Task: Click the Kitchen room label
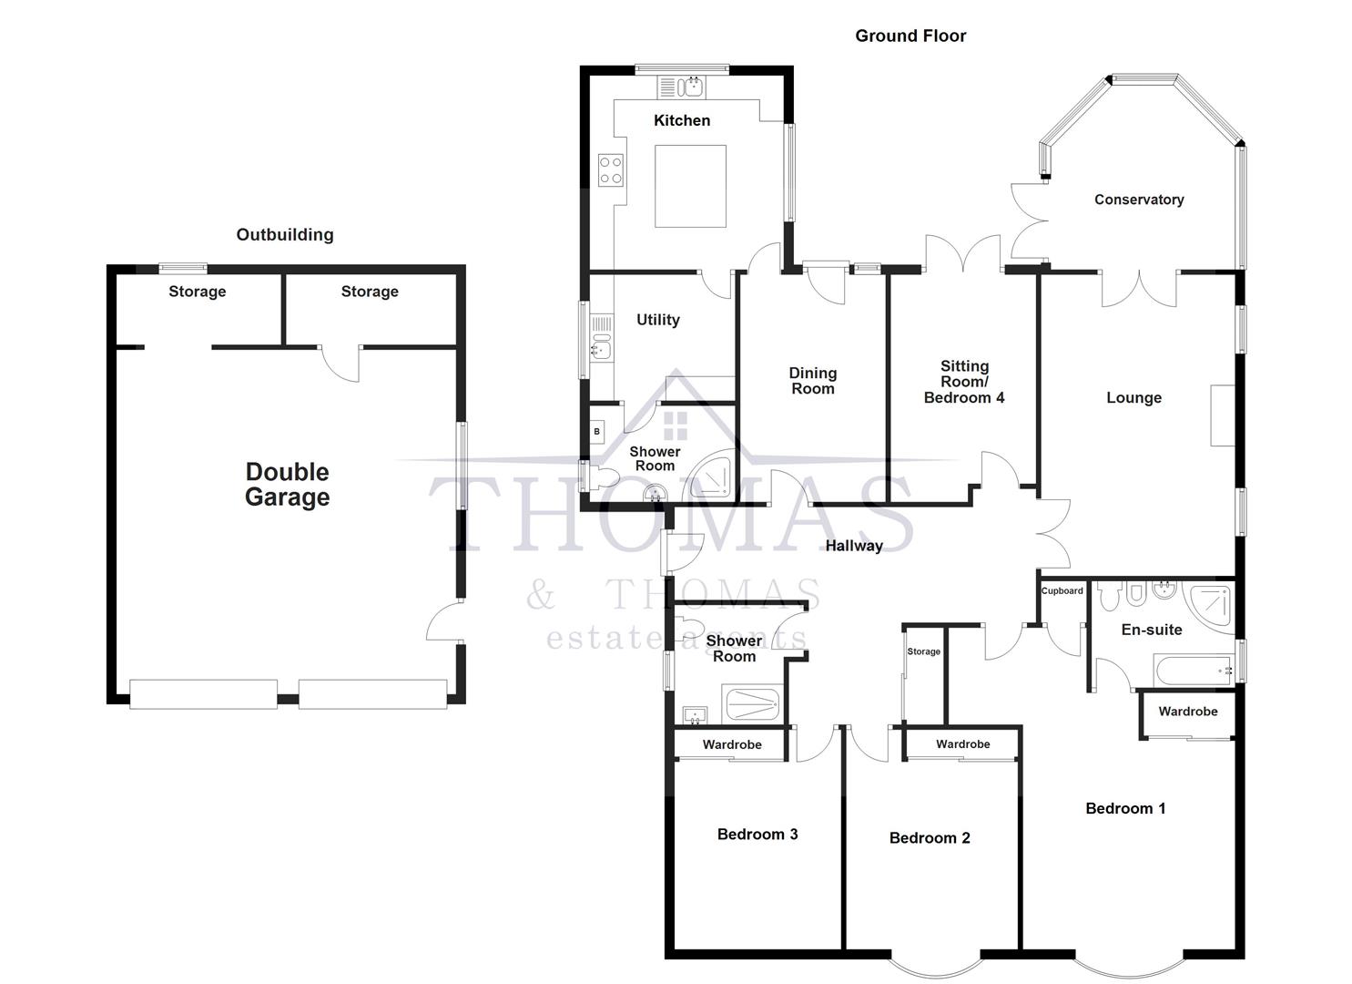681,120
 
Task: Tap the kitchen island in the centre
691,186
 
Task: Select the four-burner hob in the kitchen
610,169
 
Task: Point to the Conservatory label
1138,200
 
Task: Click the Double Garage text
287,485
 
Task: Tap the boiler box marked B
597,431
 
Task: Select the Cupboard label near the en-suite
1062,591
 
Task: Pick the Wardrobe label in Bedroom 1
1187,712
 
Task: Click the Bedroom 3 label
757,835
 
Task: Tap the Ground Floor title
910,36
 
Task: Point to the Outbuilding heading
284,235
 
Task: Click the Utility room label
657,320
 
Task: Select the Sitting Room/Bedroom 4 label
963,382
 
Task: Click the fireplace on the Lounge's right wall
1222,415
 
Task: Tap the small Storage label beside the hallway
923,651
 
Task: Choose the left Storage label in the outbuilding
197,292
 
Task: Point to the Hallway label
853,546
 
